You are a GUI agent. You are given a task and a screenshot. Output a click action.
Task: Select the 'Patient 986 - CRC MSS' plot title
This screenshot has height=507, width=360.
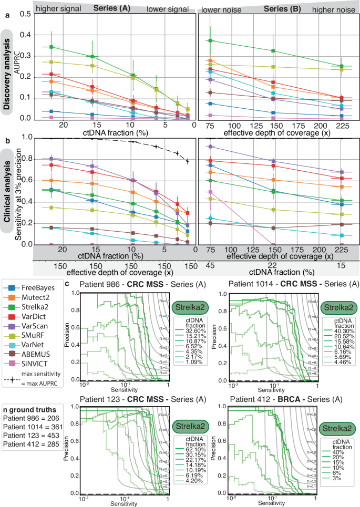[x=122, y=284]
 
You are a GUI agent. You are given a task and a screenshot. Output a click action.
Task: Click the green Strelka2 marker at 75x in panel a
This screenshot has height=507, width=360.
[x=210, y=40]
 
